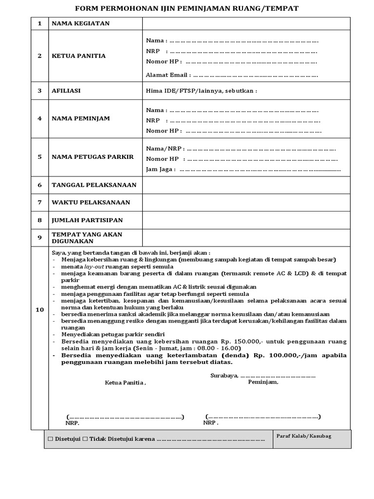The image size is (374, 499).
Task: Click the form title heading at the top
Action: tap(187, 8)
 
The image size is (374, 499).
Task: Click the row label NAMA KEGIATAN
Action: tap(81, 23)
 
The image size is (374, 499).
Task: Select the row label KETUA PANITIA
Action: tap(79, 56)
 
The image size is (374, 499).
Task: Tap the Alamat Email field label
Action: tap(167, 75)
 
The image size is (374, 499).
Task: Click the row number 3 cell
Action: tap(40, 91)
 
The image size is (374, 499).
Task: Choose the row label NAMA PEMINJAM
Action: tap(81, 118)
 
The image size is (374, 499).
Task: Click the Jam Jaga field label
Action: tap(160, 170)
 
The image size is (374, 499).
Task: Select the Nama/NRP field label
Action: tap(164, 149)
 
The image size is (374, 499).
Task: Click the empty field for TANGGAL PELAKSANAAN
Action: tap(246, 185)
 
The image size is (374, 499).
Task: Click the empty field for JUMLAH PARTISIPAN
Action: tap(246, 220)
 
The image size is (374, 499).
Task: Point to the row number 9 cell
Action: tap(40, 238)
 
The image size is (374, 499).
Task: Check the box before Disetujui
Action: tap(50, 439)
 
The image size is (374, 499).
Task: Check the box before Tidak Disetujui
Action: tap(85, 439)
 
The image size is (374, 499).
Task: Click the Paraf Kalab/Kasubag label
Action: tap(303, 436)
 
